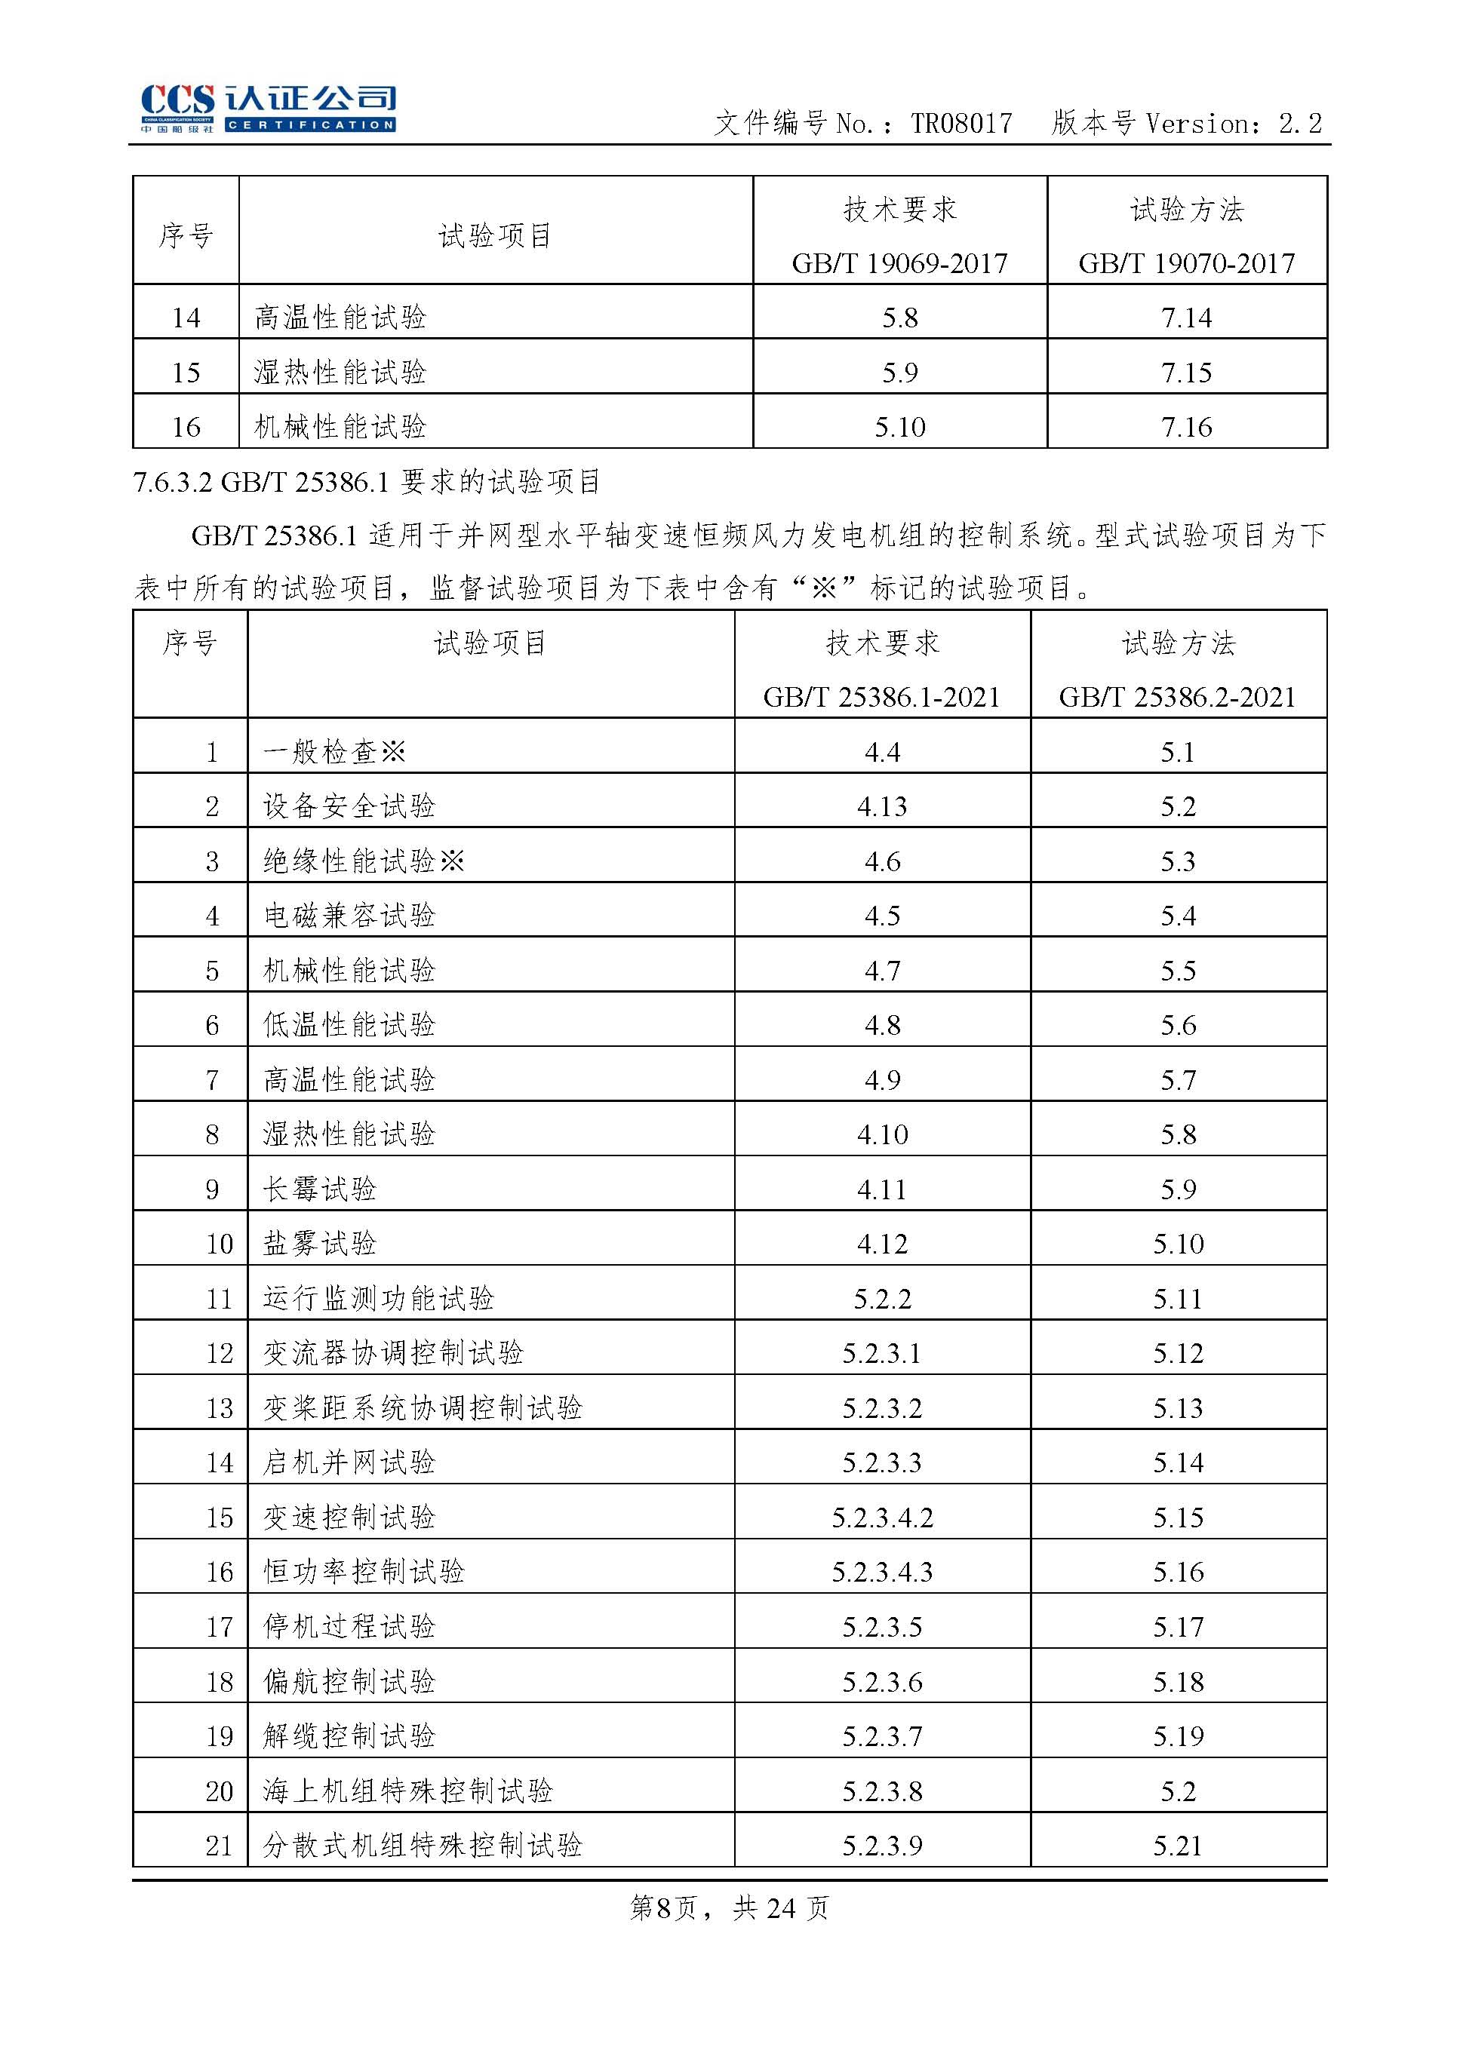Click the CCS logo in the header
point(268,108)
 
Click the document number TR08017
point(961,124)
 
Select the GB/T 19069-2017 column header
point(899,263)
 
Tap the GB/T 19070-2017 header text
point(1186,263)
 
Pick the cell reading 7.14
point(1186,318)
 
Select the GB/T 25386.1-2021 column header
point(881,698)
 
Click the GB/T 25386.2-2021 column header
point(1177,698)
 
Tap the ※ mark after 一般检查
point(394,752)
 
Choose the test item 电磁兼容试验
point(349,916)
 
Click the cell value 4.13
point(881,807)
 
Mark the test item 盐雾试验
point(319,1244)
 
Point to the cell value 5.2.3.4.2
point(881,1518)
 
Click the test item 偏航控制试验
point(349,1681)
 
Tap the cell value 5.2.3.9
point(881,1846)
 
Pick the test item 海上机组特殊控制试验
point(407,1791)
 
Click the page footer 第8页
point(663,1907)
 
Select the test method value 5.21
point(1177,1846)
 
